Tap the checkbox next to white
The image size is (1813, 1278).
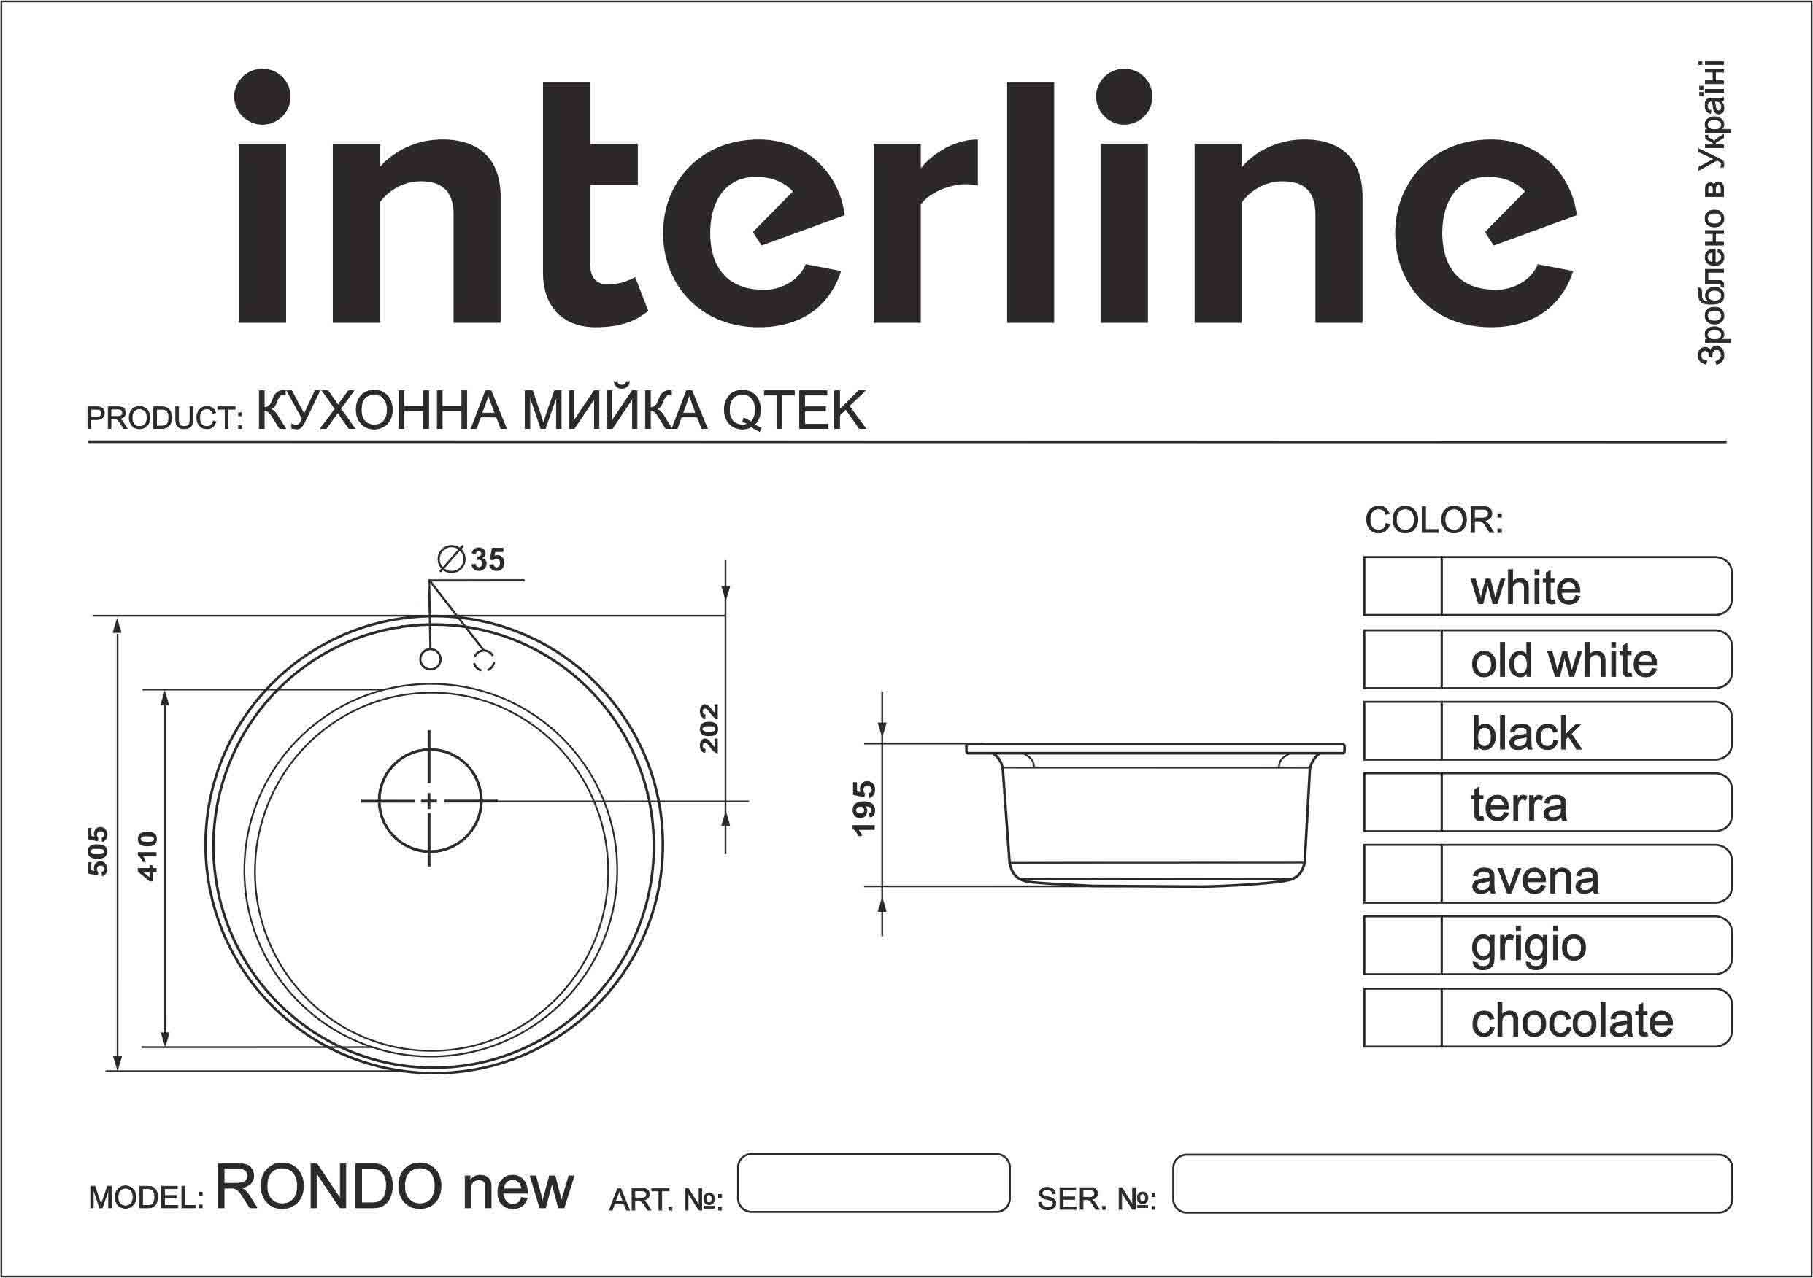(x=1402, y=586)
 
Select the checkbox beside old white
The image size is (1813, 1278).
(x=1402, y=659)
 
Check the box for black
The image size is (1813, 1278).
(x=1402, y=731)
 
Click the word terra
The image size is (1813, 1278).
(x=1518, y=805)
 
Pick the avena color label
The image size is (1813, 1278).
(x=1534, y=878)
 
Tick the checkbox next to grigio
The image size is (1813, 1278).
(x=1402, y=945)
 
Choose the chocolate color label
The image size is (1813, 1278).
(x=1571, y=1020)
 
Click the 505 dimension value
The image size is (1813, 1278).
(x=99, y=851)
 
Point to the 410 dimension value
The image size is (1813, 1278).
(x=148, y=856)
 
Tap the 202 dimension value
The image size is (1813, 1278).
(x=710, y=728)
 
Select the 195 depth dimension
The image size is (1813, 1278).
(x=865, y=808)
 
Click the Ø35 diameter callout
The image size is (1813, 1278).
(x=472, y=559)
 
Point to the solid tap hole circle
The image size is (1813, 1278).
(x=431, y=659)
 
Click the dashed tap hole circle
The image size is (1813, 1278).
(x=484, y=660)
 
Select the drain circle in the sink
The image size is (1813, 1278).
(x=430, y=801)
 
